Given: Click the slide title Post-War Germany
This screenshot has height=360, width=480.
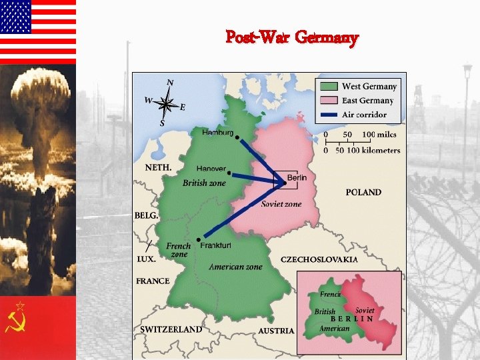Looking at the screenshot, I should pos(292,37).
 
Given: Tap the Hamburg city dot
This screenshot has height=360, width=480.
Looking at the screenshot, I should pos(237,138).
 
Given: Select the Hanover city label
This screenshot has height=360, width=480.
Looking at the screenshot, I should pos(211,169).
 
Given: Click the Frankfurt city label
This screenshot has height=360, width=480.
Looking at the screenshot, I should pos(215,245).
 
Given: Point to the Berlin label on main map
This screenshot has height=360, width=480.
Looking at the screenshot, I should pos(297,177).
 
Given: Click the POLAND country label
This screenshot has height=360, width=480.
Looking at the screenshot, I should pos(363,192).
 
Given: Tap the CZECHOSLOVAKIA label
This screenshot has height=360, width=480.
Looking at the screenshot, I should pos(319,259).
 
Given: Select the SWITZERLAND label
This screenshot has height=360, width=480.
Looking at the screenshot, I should pos(171,329).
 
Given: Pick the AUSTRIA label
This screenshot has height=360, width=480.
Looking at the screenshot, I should pos(276,331).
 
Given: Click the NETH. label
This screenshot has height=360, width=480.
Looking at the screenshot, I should pos(159,167).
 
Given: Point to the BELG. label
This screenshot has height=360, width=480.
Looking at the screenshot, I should pos(147,216).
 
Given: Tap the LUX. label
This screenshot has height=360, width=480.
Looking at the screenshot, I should pos(147,259).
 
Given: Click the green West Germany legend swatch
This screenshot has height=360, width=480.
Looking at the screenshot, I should pos(329,87).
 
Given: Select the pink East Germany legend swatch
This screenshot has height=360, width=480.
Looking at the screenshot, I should pos(329,101).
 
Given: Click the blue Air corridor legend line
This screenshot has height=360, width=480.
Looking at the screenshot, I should pos(329,115).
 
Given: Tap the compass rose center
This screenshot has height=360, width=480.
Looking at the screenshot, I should pos(168,103).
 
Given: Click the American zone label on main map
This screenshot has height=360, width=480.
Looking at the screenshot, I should pos(235,267).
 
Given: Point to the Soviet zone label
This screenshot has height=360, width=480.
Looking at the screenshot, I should pos(281,204).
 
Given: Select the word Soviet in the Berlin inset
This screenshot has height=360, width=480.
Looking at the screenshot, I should pos(365,311).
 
